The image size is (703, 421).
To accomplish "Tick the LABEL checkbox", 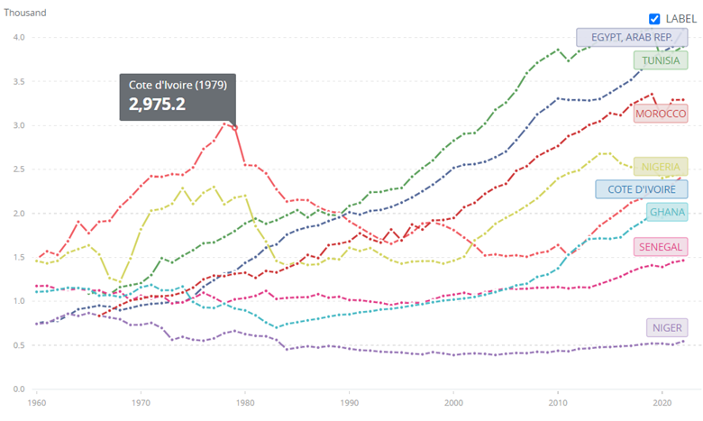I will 655,18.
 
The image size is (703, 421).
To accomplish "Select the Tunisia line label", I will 661,60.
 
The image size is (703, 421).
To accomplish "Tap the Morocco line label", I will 661,114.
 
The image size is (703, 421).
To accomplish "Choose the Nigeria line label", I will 661,167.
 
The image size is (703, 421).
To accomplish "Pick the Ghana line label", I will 667,213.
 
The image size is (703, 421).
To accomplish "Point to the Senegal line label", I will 661,247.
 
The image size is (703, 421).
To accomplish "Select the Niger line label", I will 667,327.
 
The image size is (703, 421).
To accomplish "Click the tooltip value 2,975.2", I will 157,105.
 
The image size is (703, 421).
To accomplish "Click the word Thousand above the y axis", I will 24,14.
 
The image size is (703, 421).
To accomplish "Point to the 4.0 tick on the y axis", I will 19,37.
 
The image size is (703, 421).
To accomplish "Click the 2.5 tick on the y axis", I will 19,169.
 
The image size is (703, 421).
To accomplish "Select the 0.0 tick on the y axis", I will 19,389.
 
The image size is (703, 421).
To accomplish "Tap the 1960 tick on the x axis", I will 37,403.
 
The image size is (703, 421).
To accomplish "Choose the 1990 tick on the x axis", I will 351,403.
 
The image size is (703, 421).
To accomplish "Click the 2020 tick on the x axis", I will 664,403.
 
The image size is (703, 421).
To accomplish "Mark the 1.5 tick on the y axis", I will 19,257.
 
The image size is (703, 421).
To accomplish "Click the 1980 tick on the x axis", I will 246,403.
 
